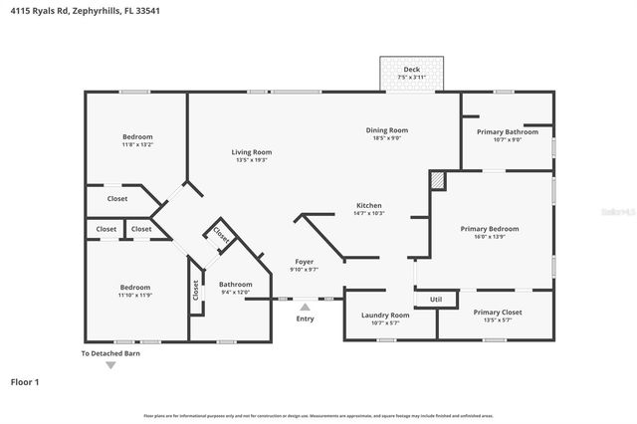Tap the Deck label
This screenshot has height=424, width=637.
click(x=411, y=69)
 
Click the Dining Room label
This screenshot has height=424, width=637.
click(x=386, y=129)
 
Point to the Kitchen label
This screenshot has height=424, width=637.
click(x=368, y=205)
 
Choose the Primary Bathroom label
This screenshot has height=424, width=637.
click(x=507, y=131)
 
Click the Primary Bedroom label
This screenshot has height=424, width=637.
click(x=489, y=228)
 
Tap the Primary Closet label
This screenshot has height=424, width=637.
click(x=497, y=312)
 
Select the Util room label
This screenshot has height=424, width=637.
click(x=436, y=299)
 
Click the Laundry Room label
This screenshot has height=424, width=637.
click(x=384, y=315)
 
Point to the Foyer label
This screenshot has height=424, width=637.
click(x=303, y=262)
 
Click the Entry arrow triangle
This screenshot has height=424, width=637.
click(x=305, y=308)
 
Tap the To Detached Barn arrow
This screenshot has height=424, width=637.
click(x=110, y=365)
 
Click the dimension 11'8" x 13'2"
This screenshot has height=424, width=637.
click(x=137, y=145)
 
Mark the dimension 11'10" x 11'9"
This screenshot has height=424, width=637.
click(x=135, y=295)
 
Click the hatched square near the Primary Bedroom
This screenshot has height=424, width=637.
click(x=437, y=180)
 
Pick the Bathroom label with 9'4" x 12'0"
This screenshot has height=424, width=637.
click(x=236, y=284)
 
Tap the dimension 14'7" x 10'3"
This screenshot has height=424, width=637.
click(x=368, y=213)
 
